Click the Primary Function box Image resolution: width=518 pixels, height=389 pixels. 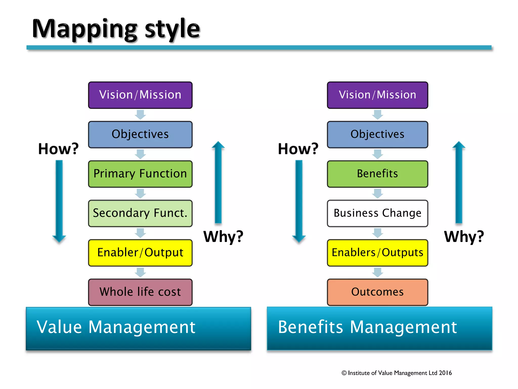click(x=140, y=174)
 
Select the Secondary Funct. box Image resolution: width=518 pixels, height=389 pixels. click(x=140, y=213)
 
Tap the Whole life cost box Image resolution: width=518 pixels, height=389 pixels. click(x=140, y=292)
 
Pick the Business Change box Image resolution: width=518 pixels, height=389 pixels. click(x=377, y=213)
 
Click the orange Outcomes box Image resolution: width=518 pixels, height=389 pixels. click(x=377, y=292)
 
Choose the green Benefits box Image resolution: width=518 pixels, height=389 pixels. click(x=377, y=174)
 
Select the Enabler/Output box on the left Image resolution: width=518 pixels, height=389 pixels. click(x=140, y=253)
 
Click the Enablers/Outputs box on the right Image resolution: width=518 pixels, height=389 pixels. click(x=377, y=253)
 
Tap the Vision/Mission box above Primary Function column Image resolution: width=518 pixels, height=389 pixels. click(x=140, y=95)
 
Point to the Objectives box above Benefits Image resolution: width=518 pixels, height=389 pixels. click(x=377, y=134)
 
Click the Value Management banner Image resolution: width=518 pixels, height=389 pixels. click(x=138, y=328)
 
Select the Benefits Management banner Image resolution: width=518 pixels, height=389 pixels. click(x=379, y=328)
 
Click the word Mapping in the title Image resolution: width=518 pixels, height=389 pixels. click(x=85, y=29)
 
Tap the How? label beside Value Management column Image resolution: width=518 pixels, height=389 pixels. click(x=58, y=149)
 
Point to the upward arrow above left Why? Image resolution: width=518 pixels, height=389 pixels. click(x=218, y=182)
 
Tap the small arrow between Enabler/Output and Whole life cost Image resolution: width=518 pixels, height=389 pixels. click(x=140, y=273)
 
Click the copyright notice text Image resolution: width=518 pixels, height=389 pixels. click(x=397, y=373)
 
